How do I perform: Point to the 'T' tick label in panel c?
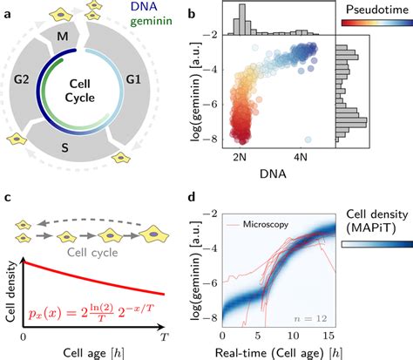tap(162, 334)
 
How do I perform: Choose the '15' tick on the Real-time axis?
tap(332, 334)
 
